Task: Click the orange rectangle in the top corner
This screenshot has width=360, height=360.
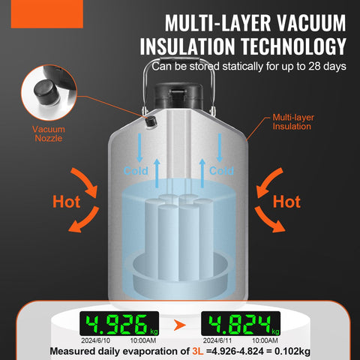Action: coord(47,13)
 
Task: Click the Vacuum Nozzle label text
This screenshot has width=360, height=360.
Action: coord(49,133)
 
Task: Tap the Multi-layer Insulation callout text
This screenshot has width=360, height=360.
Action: coord(293,121)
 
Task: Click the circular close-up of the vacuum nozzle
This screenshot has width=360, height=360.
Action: coord(49,92)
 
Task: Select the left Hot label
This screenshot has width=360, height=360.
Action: coord(66,202)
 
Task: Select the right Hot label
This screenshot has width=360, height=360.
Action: coord(286,202)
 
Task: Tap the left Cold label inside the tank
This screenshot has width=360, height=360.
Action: coord(136,171)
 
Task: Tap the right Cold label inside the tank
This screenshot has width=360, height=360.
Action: coord(221,171)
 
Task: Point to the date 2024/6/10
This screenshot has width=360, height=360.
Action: coord(95,340)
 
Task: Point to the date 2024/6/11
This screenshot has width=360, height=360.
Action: coord(217,340)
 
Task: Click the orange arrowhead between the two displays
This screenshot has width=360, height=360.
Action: coord(180,325)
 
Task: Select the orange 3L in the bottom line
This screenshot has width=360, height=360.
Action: coord(198,351)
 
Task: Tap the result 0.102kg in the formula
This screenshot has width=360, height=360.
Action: coord(292,352)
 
